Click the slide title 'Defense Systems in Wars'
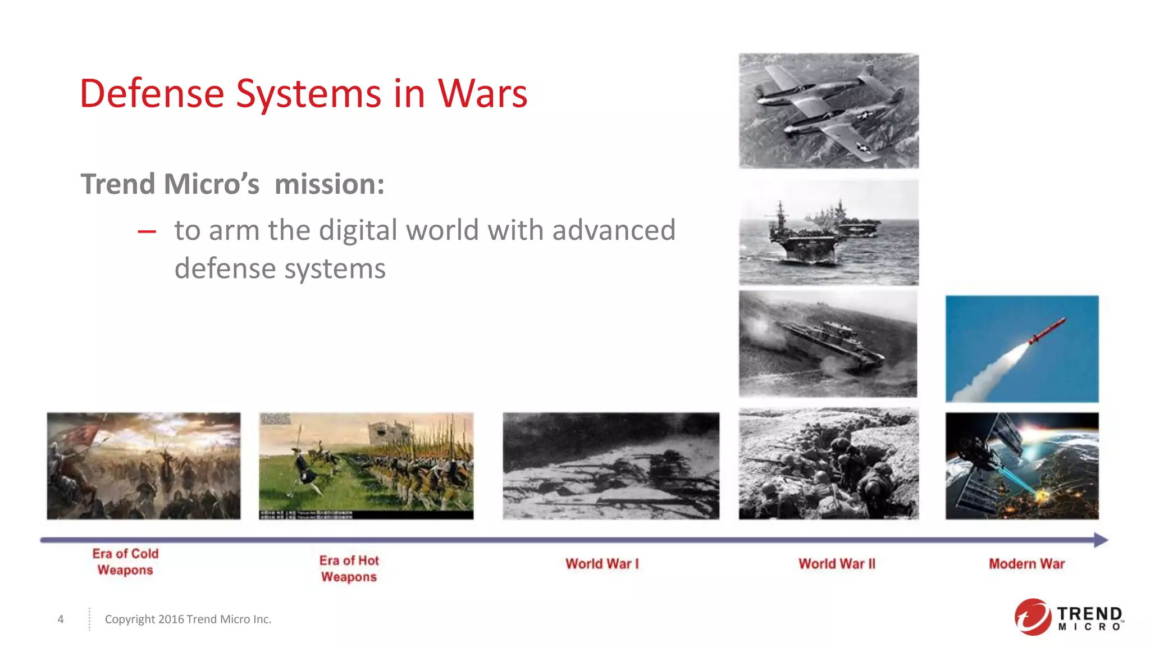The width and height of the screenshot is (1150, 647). tap(303, 93)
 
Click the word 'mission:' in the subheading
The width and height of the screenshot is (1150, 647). tap(330, 184)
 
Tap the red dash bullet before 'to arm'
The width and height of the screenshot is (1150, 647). tap(147, 231)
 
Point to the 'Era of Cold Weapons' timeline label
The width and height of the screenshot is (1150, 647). tap(125, 562)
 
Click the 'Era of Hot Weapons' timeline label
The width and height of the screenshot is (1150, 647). tap(349, 568)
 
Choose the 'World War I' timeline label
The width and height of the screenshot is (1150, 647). tap(602, 564)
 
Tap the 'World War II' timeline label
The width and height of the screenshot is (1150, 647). tap(837, 564)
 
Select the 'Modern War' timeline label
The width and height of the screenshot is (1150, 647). tap(1026, 564)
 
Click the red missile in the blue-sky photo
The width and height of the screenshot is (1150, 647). tap(1047, 331)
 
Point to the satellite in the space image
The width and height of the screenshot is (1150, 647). tap(988, 449)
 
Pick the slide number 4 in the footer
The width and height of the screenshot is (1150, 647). tap(61, 619)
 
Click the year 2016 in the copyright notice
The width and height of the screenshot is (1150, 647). tap(171, 619)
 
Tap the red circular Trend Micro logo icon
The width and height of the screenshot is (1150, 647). tap(1032, 617)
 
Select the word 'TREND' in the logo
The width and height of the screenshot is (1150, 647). tap(1089, 613)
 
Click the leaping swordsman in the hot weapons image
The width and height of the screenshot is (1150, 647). tap(304, 466)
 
